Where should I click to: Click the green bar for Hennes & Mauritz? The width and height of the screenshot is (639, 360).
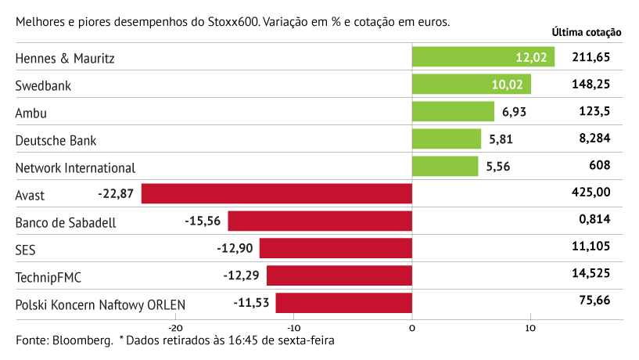(483, 57)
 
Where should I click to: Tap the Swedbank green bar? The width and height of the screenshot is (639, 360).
(471, 85)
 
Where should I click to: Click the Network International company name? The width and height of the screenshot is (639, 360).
(75, 167)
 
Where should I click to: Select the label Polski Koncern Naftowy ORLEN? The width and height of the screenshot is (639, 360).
(101, 304)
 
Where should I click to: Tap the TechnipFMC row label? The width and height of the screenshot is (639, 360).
(48, 277)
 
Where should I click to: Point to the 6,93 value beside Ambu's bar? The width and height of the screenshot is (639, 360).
(514, 112)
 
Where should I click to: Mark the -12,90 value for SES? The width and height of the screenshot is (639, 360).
(235, 249)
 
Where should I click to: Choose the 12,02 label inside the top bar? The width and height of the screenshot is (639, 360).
(532, 57)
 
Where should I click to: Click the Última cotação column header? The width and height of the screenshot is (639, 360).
(586, 33)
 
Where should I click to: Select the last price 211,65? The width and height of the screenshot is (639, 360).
(591, 57)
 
